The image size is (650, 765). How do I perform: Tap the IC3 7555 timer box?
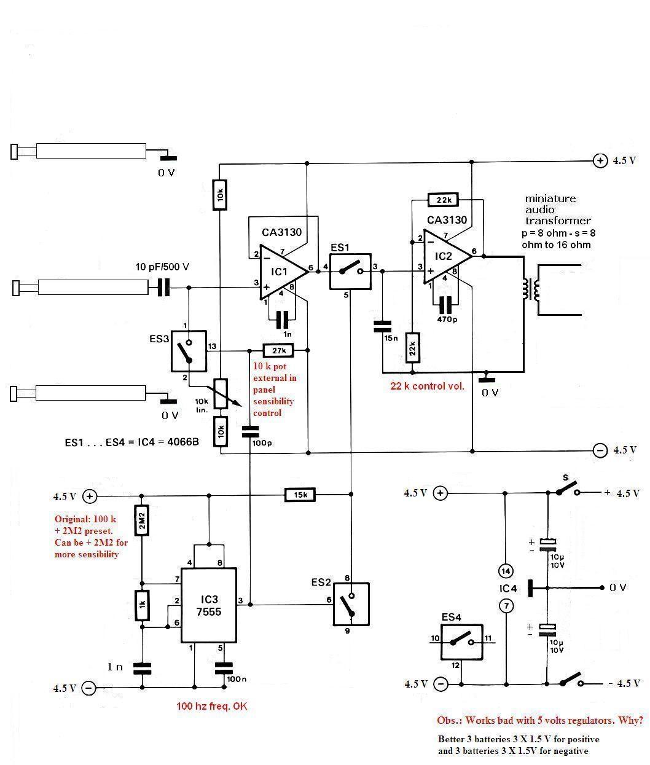pos(209,605)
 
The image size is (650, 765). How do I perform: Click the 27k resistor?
pos(278,350)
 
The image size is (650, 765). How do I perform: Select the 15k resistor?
pos(300,495)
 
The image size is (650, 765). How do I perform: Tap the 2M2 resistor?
pos(142,520)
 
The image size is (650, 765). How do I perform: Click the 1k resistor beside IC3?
pos(142,605)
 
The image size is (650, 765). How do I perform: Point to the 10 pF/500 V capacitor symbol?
pos(163,287)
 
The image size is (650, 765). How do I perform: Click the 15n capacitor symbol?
pos(382,326)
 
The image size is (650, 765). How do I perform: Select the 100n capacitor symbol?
pos(224,668)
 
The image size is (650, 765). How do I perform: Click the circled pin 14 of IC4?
pos(506,571)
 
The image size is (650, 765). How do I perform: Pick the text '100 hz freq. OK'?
pos(212,706)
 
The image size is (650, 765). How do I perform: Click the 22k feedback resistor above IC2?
pos(443,200)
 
